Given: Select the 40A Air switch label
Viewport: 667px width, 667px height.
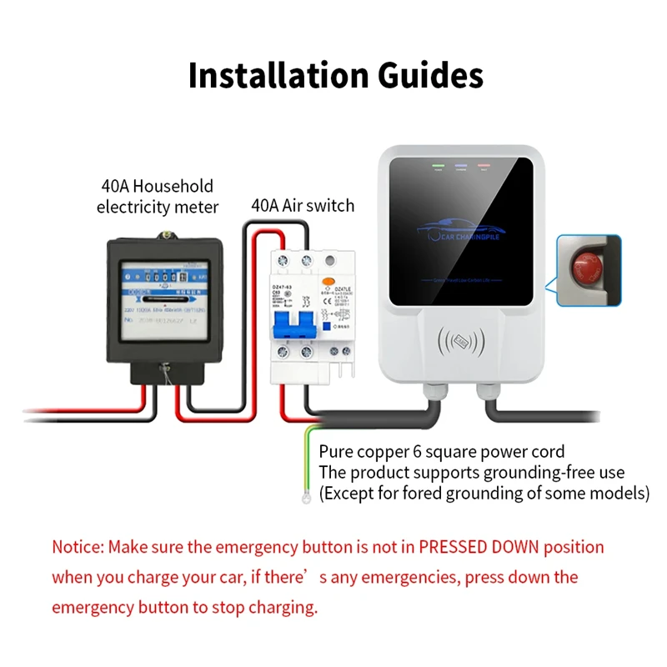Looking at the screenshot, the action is (303, 205).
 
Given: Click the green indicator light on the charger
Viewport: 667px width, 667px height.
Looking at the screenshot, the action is (436, 166).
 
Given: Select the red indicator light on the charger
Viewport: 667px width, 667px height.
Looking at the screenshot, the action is (484, 166).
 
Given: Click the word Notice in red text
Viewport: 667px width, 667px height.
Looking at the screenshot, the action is (77, 548).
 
